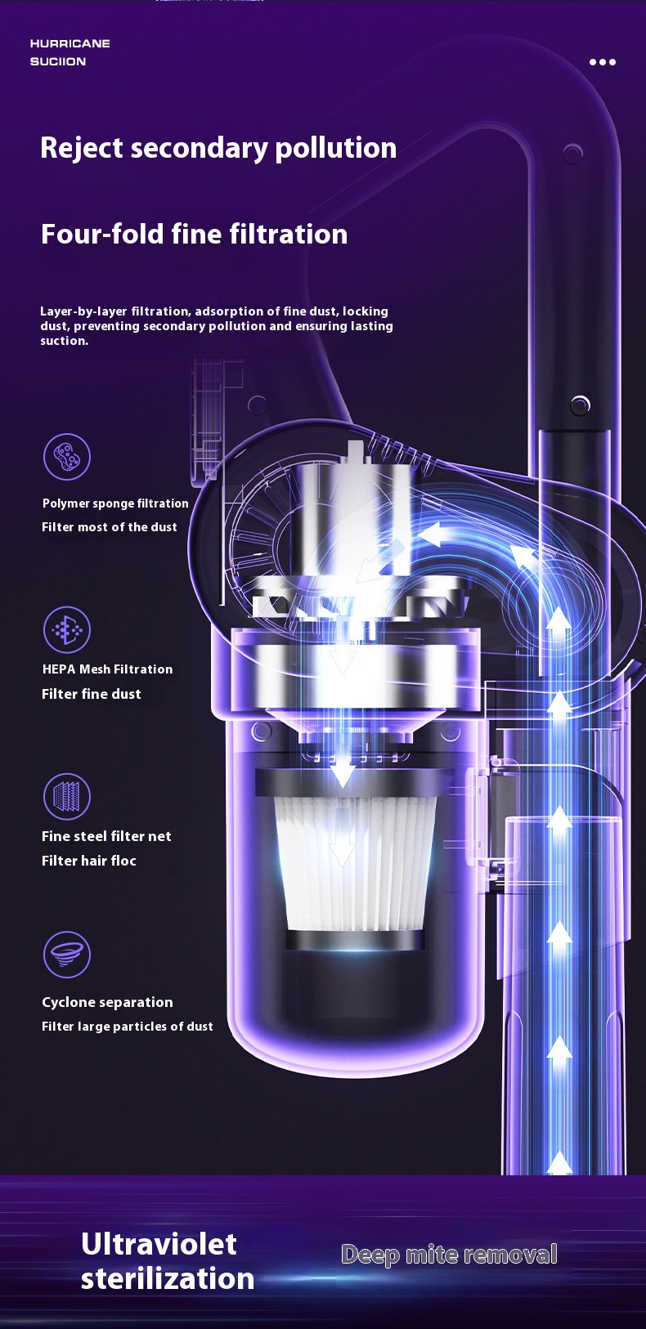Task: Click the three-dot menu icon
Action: [x=603, y=61]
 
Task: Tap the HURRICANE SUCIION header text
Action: [x=70, y=52]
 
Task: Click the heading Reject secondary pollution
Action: [x=218, y=148]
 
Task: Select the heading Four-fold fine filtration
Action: [x=194, y=234]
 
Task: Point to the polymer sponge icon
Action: [x=67, y=457]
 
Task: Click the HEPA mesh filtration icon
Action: [x=67, y=629]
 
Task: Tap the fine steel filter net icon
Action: [x=67, y=796]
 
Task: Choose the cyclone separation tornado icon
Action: [x=67, y=954]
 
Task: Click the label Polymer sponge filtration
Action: [x=115, y=503]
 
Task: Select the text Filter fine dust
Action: [x=92, y=694]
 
